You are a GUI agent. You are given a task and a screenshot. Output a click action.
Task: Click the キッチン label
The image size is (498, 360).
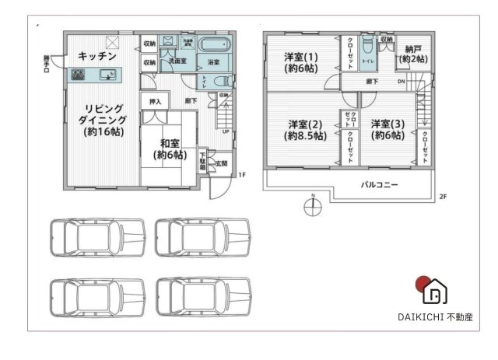97,57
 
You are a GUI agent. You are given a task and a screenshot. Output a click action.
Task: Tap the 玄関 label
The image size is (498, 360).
221,163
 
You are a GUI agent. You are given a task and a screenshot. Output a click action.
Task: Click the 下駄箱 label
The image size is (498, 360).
202,161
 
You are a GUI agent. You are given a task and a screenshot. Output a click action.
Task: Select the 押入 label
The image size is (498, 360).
156,102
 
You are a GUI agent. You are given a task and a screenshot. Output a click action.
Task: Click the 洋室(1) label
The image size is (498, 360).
300,61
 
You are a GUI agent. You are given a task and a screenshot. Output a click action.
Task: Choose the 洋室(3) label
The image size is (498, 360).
386,129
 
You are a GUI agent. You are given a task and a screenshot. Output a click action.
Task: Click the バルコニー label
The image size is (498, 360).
379,186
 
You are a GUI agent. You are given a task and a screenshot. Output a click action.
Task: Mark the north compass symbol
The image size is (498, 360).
310,207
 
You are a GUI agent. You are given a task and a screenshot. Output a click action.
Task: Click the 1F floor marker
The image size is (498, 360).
242,175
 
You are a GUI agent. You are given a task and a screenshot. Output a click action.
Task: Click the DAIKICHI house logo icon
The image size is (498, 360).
433,290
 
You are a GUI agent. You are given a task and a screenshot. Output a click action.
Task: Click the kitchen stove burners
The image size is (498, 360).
79,75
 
